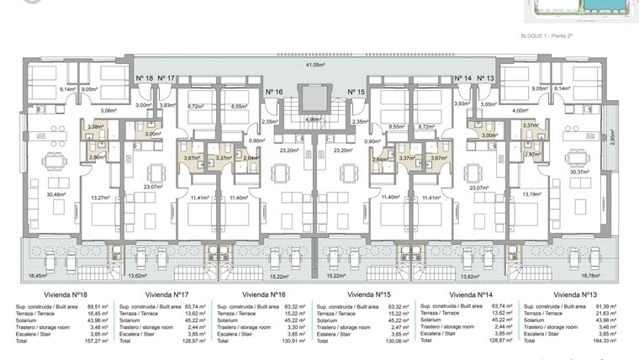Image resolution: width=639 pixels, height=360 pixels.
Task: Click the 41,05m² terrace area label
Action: [314, 65]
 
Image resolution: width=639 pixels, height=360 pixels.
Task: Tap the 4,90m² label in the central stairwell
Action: [312, 119]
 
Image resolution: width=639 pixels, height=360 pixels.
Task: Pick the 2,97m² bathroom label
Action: [531, 155]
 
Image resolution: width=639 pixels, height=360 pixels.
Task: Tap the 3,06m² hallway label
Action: [108, 110]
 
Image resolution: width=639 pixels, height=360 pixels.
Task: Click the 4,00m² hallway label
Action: [520, 110]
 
